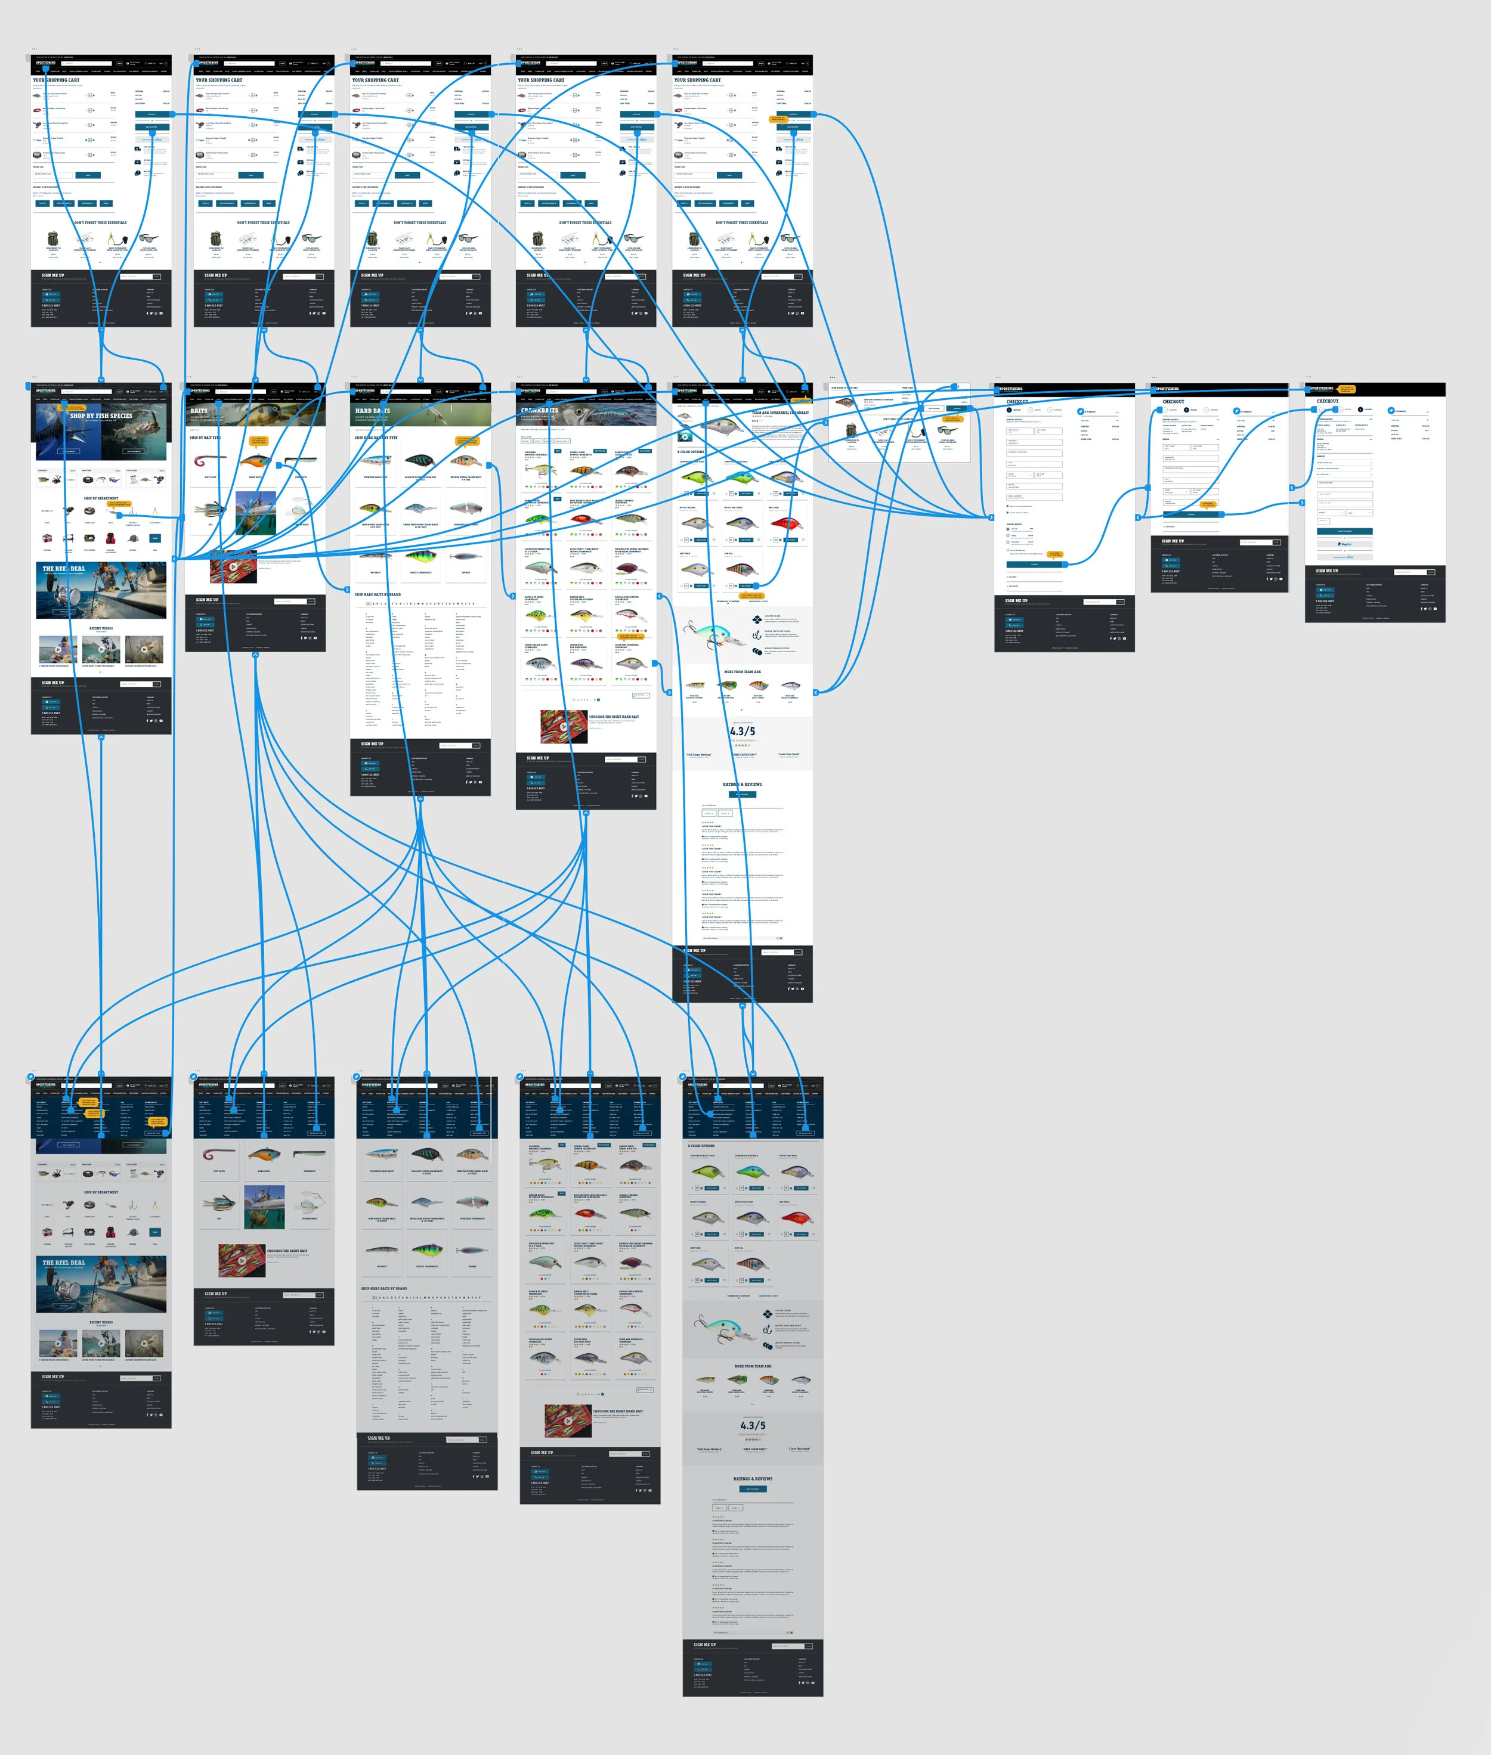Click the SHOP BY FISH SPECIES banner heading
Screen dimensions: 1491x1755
click(101, 416)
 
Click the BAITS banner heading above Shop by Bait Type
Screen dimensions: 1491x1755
click(199, 411)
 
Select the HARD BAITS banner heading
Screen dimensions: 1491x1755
click(372, 411)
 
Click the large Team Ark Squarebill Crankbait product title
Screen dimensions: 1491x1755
click(779, 413)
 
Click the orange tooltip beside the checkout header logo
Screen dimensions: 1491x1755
click(1345, 389)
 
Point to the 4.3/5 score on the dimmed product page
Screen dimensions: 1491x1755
click(752, 1425)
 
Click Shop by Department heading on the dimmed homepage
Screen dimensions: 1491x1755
click(101, 1192)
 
